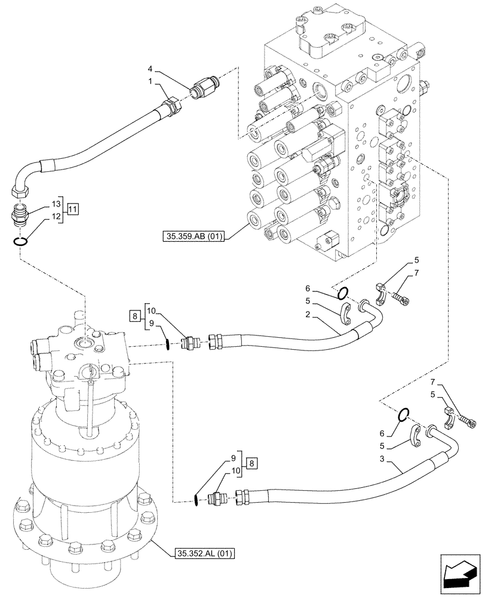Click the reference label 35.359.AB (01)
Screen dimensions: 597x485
click(x=192, y=237)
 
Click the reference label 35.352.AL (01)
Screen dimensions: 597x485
click(x=205, y=554)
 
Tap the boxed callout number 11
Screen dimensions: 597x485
click(x=73, y=208)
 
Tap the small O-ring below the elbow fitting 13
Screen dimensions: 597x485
click(x=20, y=242)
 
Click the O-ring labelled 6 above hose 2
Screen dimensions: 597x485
click(x=342, y=293)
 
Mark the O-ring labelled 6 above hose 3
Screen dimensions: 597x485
click(x=404, y=414)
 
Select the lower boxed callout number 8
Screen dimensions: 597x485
click(x=253, y=463)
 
